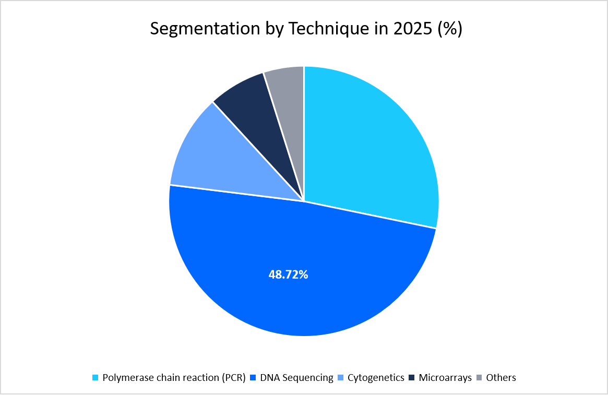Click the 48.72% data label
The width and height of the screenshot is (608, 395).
pyautogui.click(x=288, y=274)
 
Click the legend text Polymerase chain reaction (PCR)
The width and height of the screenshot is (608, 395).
pyautogui.click(x=174, y=377)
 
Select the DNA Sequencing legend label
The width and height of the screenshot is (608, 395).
pyautogui.click(x=296, y=377)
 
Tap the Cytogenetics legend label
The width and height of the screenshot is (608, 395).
pyautogui.click(x=376, y=377)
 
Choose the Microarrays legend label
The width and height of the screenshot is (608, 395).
pyautogui.click(x=445, y=377)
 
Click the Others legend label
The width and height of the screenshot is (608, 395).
pyautogui.click(x=501, y=377)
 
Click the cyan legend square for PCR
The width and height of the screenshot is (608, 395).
pyautogui.click(x=95, y=378)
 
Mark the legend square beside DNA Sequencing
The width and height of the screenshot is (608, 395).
pyautogui.click(x=253, y=378)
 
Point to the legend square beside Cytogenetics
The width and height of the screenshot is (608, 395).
pyautogui.click(x=340, y=378)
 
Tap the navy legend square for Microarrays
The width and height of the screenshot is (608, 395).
pyautogui.click(x=411, y=378)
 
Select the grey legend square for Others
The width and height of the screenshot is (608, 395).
pyautogui.click(x=479, y=378)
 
